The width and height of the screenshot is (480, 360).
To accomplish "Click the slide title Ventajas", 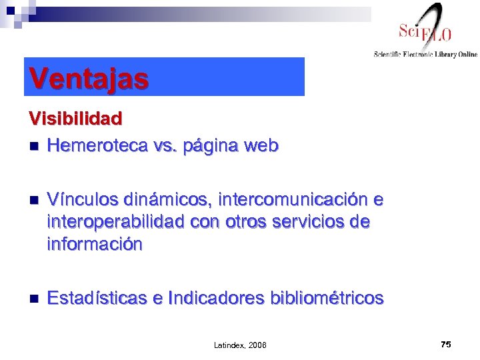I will (x=88, y=79).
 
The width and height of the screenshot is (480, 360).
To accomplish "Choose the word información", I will (x=94, y=245).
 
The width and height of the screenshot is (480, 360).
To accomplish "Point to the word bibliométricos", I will (x=327, y=298).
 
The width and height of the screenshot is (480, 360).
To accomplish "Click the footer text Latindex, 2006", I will (x=240, y=345).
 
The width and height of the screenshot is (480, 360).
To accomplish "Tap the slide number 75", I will (x=446, y=344).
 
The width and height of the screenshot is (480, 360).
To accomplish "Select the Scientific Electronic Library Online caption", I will (x=425, y=55).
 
